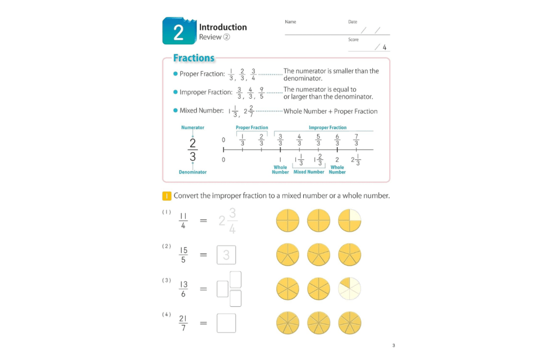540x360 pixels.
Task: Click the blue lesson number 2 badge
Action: coord(179,32)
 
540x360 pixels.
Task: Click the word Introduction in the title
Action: coord(223,27)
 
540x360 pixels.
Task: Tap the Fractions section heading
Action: coord(194,58)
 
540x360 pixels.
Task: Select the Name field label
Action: coord(291,22)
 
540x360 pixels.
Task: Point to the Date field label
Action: coord(353,22)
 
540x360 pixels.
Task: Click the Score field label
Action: coord(353,40)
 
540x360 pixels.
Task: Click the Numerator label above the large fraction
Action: coord(192,128)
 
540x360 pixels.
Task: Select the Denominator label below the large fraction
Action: coord(192,172)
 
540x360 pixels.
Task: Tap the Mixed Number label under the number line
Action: coord(308,172)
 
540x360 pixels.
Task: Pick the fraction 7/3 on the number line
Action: coord(356,140)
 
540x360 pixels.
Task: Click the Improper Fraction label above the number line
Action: coord(327,128)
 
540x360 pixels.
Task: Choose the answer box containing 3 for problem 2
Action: coord(226,255)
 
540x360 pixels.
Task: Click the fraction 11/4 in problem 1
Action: coord(184,221)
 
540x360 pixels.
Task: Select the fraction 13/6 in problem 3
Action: coord(184,289)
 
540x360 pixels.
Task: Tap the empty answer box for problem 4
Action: coord(226,323)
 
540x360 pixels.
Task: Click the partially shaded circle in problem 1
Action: coord(350,220)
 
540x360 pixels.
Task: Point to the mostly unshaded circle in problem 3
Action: coord(350,289)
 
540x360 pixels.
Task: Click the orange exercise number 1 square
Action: coord(167,196)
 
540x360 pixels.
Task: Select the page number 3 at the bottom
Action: coord(393,346)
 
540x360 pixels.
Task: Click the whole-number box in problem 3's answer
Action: coord(223,289)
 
